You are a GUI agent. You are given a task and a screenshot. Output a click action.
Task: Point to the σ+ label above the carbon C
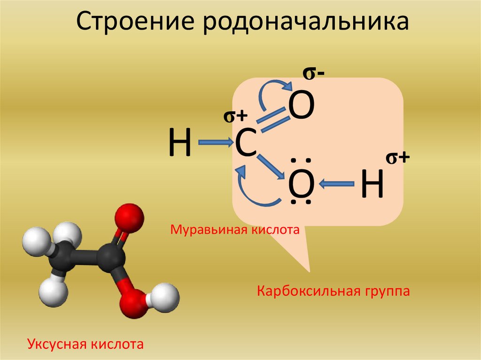coord(235,116)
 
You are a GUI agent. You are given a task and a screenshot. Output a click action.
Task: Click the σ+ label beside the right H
coord(398,158)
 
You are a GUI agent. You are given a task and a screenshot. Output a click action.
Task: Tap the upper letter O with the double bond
coord(301,106)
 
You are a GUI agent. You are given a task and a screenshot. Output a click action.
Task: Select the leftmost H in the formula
coord(180,143)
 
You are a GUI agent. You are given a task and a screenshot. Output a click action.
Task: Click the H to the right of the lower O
coord(372,184)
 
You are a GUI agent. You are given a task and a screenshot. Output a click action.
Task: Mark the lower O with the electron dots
coord(301,183)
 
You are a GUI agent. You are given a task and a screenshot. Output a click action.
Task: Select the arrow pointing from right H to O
coord(337,184)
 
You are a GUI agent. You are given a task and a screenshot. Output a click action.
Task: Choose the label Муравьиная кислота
coord(234,230)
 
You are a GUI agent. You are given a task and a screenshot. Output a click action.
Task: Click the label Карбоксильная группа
coord(333,291)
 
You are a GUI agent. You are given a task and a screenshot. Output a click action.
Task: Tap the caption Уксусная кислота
coord(85,344)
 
